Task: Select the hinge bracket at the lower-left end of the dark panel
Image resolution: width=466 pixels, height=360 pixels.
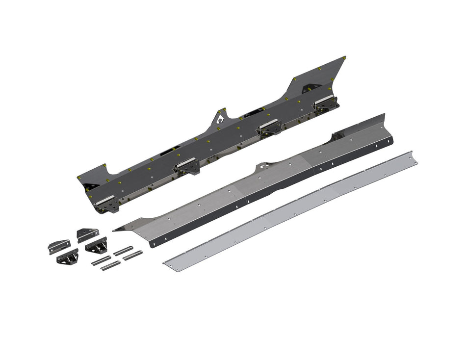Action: [x=107, y=203]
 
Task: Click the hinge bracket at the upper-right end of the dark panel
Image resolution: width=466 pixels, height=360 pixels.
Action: [x=326, y=103]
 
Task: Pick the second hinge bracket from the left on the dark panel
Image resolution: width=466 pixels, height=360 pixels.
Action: [x=186, y=166]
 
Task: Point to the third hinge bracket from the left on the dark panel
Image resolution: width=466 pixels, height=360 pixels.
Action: [x=268, y=127]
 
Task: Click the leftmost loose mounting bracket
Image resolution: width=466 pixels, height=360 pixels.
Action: [x=58, y=246]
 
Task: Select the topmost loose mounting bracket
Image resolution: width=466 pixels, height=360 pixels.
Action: [x=87, y=234]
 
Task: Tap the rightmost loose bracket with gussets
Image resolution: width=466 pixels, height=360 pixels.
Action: [x=97, y=245]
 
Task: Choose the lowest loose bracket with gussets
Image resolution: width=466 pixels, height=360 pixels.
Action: [x=67, y=257]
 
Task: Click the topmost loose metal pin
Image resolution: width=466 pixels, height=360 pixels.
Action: [x=123, y=250]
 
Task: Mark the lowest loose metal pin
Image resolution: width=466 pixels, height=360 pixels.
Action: [x=110, y=266]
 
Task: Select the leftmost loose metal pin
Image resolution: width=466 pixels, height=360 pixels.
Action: [x=101, y=261]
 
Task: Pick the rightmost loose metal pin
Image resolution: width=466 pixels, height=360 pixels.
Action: [x=132, y=255]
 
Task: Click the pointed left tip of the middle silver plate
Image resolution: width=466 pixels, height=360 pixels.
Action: [x=115, y=230]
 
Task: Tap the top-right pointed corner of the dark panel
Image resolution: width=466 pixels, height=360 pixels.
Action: [x=344, y=57]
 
